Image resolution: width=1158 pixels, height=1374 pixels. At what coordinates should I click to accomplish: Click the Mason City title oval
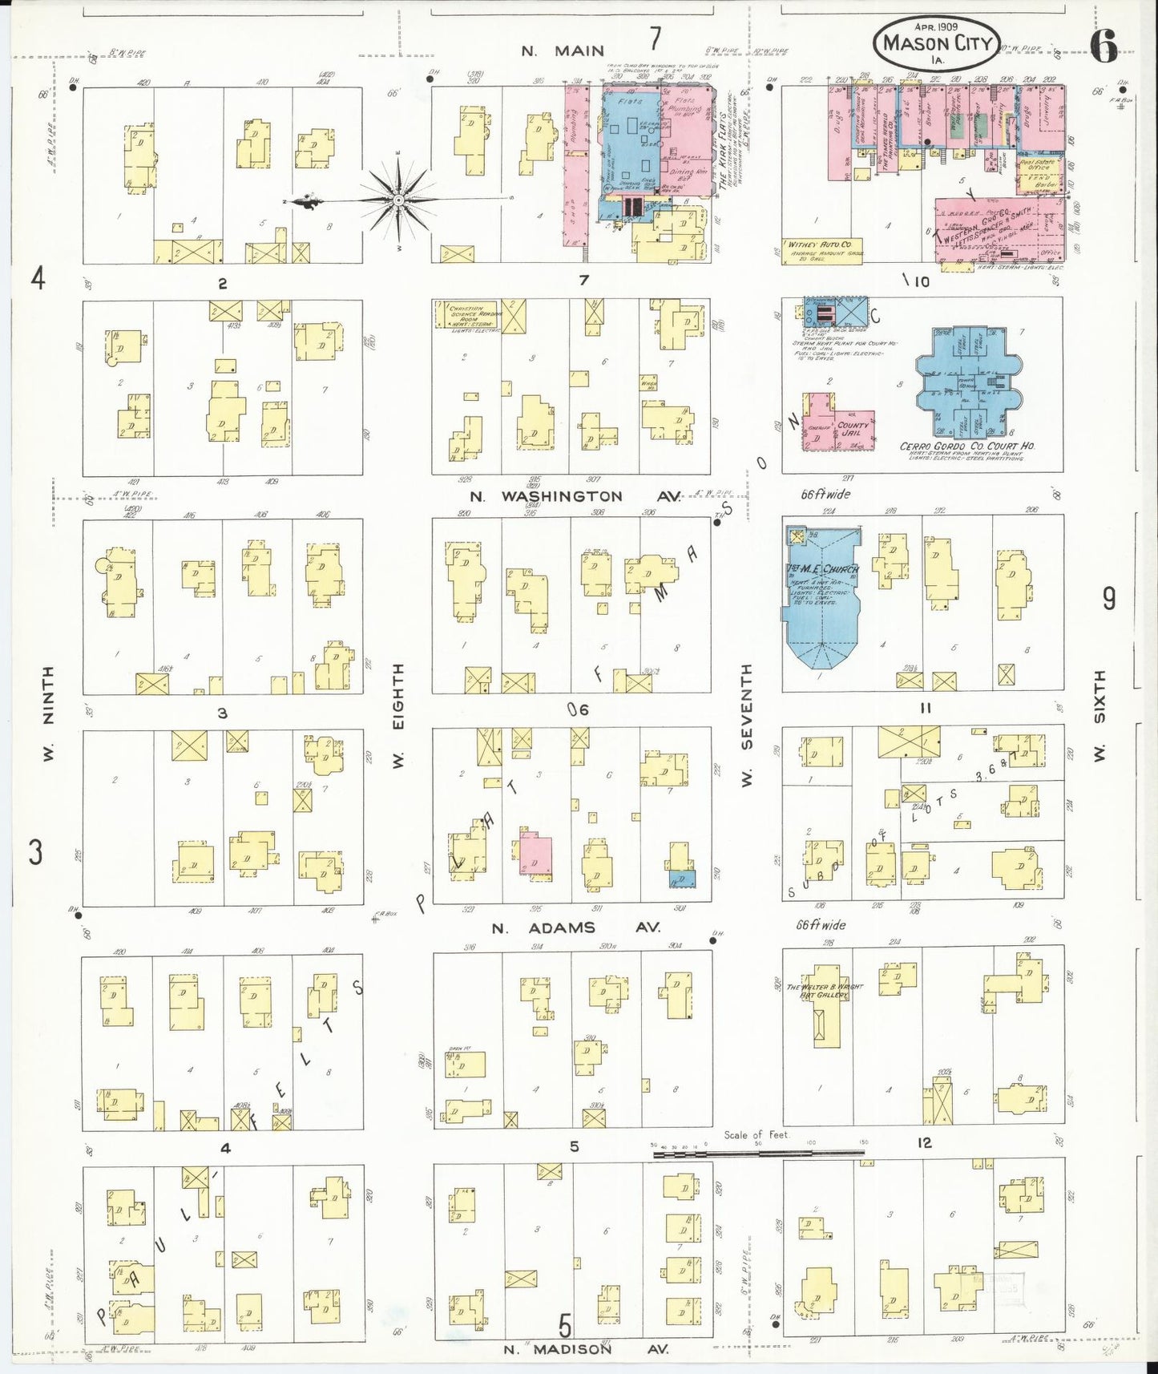[937, 42]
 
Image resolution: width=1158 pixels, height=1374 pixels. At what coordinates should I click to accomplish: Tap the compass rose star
[398, 198]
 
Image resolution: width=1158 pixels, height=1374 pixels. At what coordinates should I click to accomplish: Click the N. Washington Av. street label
[573, 496]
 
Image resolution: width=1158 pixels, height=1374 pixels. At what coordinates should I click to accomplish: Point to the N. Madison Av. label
[586, 1349]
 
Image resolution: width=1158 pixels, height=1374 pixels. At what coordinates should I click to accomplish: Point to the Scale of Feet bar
[757, 1154]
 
